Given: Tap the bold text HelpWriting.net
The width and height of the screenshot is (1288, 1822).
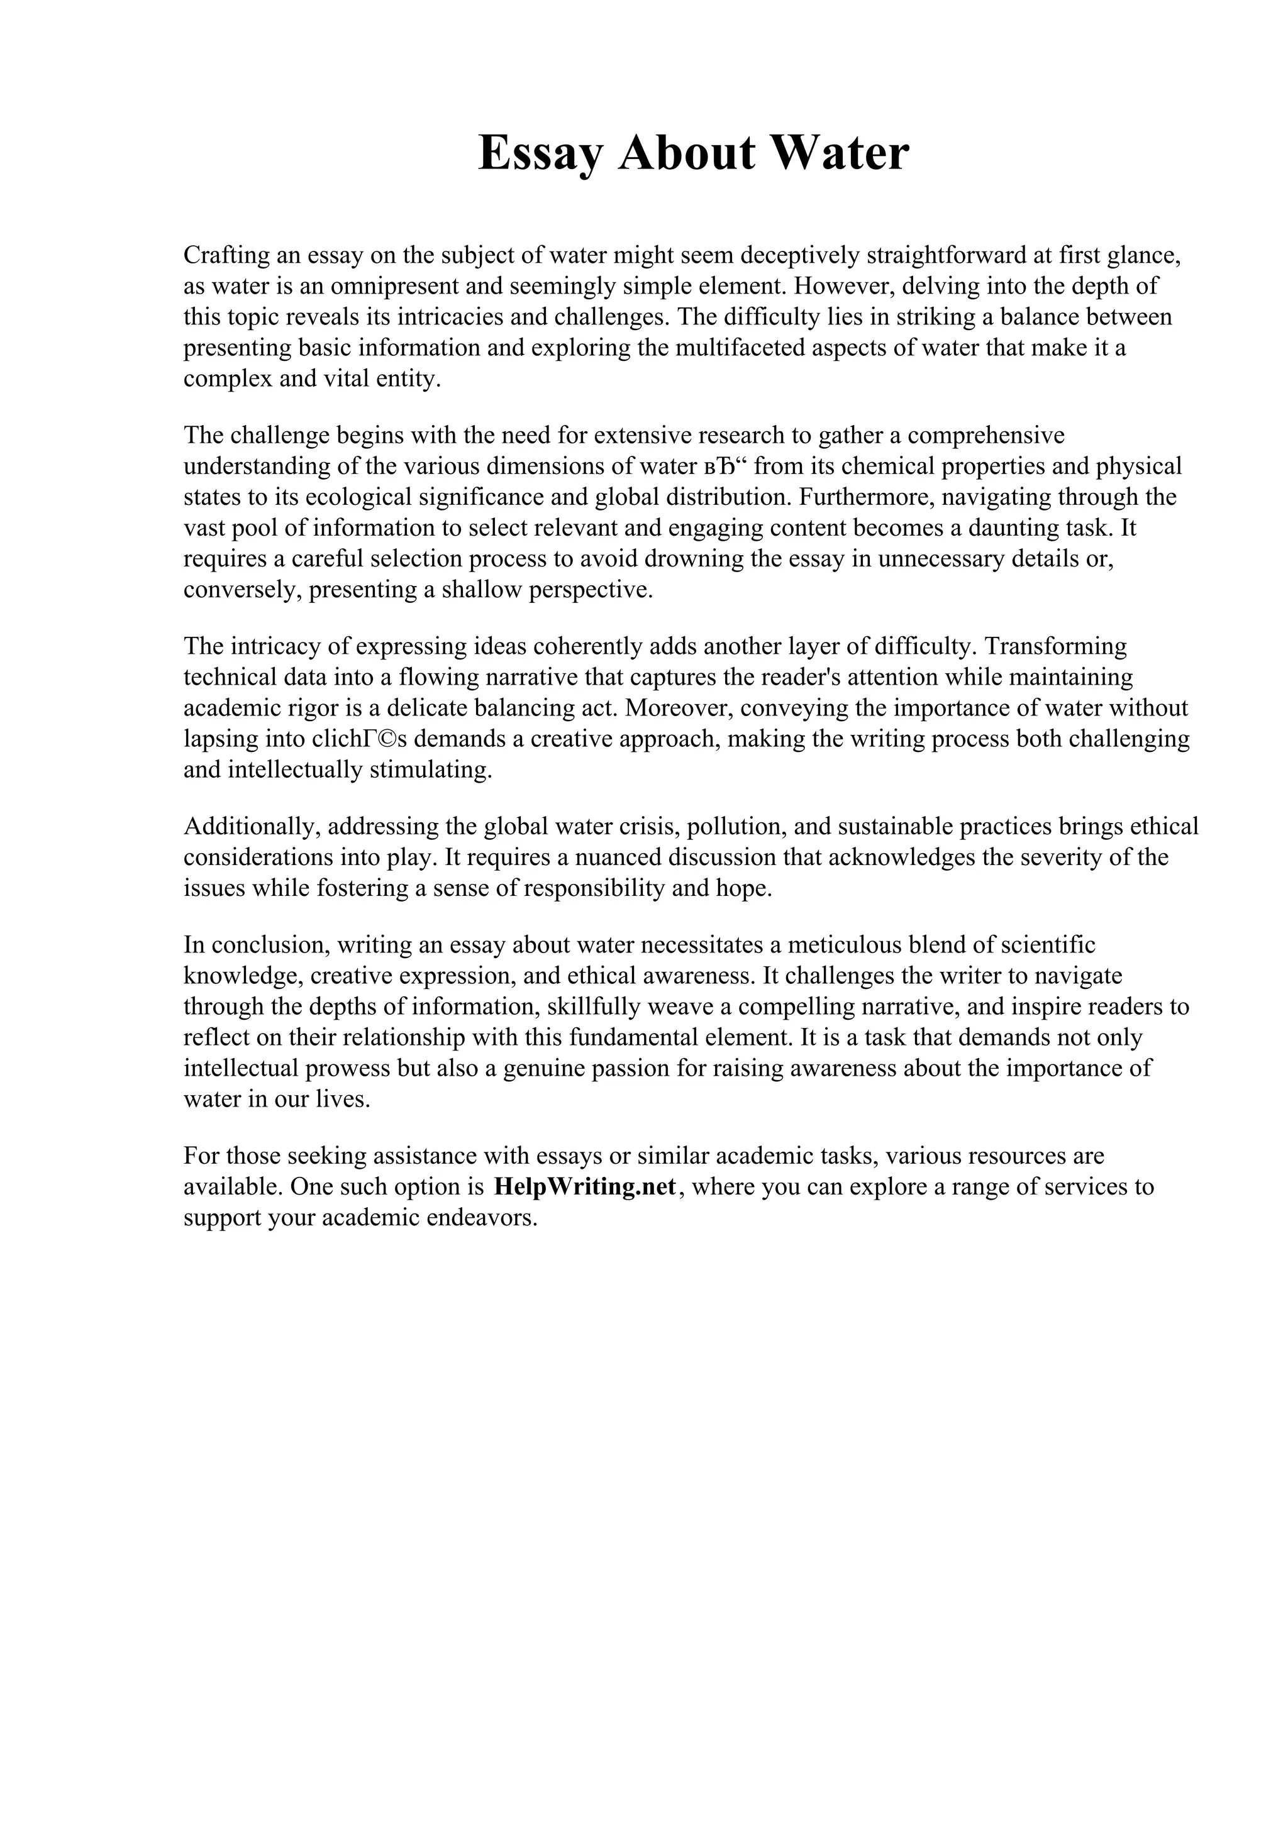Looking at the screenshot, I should click(x=585, y=1186).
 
